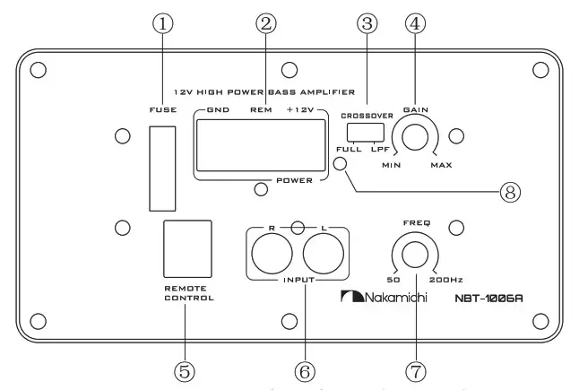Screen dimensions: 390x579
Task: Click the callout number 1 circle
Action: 162,26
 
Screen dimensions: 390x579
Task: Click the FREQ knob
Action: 415,254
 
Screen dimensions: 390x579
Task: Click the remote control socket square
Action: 187,247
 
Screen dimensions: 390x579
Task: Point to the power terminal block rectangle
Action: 255,145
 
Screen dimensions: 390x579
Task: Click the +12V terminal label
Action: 300,109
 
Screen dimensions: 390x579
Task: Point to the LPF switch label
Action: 378,149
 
